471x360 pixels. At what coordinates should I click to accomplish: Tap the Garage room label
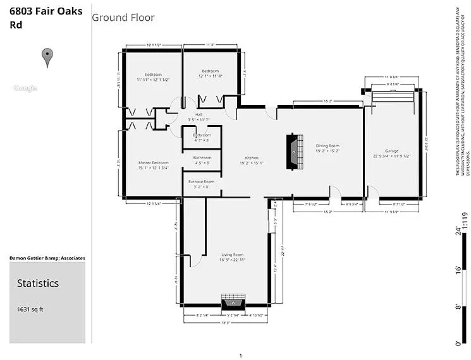392,151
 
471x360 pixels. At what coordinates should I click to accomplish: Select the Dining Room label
327,145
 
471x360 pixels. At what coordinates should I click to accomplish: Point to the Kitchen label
252,158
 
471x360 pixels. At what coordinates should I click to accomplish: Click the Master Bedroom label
154,162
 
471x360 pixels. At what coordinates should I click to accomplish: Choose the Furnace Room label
201,182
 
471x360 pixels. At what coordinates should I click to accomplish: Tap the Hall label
199,114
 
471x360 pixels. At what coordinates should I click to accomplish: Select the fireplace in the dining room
292,152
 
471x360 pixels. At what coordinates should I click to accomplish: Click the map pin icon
47,57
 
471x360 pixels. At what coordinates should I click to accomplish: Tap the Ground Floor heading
123,18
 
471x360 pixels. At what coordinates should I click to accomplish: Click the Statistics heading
38,284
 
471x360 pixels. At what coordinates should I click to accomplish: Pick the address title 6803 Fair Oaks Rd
46,18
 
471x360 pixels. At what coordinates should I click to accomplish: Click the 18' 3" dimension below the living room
226,322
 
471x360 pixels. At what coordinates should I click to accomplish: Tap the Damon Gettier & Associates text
47,258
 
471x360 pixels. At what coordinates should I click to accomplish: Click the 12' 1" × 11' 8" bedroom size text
211,76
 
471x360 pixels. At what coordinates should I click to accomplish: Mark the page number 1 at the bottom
240,356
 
